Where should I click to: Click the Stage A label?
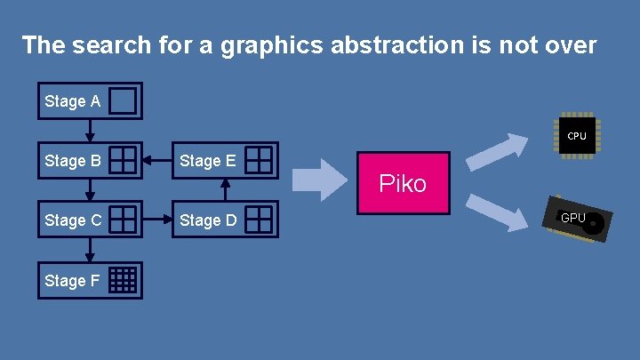pyautogui.click(x=72, y=101)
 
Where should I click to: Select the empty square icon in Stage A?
pyautogui.click(x=124, y=101)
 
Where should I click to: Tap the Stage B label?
pyautogui.click(x=72, y=161)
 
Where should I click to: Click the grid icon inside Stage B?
pyautogui.click(x=124, y=160)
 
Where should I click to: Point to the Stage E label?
pyautogui.click(x=207, y=161)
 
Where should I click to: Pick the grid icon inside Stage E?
pyautogui.click(x=259, y=160)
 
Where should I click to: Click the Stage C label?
pyautogui.click(x=72, y=220)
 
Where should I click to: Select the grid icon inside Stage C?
pyautogui.click(x=124, y=219)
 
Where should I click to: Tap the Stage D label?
pyautogui.click(x=207, y=220)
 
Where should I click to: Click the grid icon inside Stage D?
pyautogui.click(x=259, y=219)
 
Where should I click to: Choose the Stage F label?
pyautogui.click(x=72, y=280)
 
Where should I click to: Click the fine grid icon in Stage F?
pyautogui.click(x=124, y=279)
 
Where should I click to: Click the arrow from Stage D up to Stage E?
pyautogui.click(x=225, y=189)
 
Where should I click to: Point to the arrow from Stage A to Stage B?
pyautogui.click(x=90, y=130)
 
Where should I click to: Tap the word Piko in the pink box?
pyautogui.click(x=403, y=184)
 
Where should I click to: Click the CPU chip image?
pyautogui.click(x=577, y=136)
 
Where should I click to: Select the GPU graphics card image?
pyautogui.click(x=579, y=220)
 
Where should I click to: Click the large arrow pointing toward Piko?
pyautogui.click(x=320, y=181)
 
